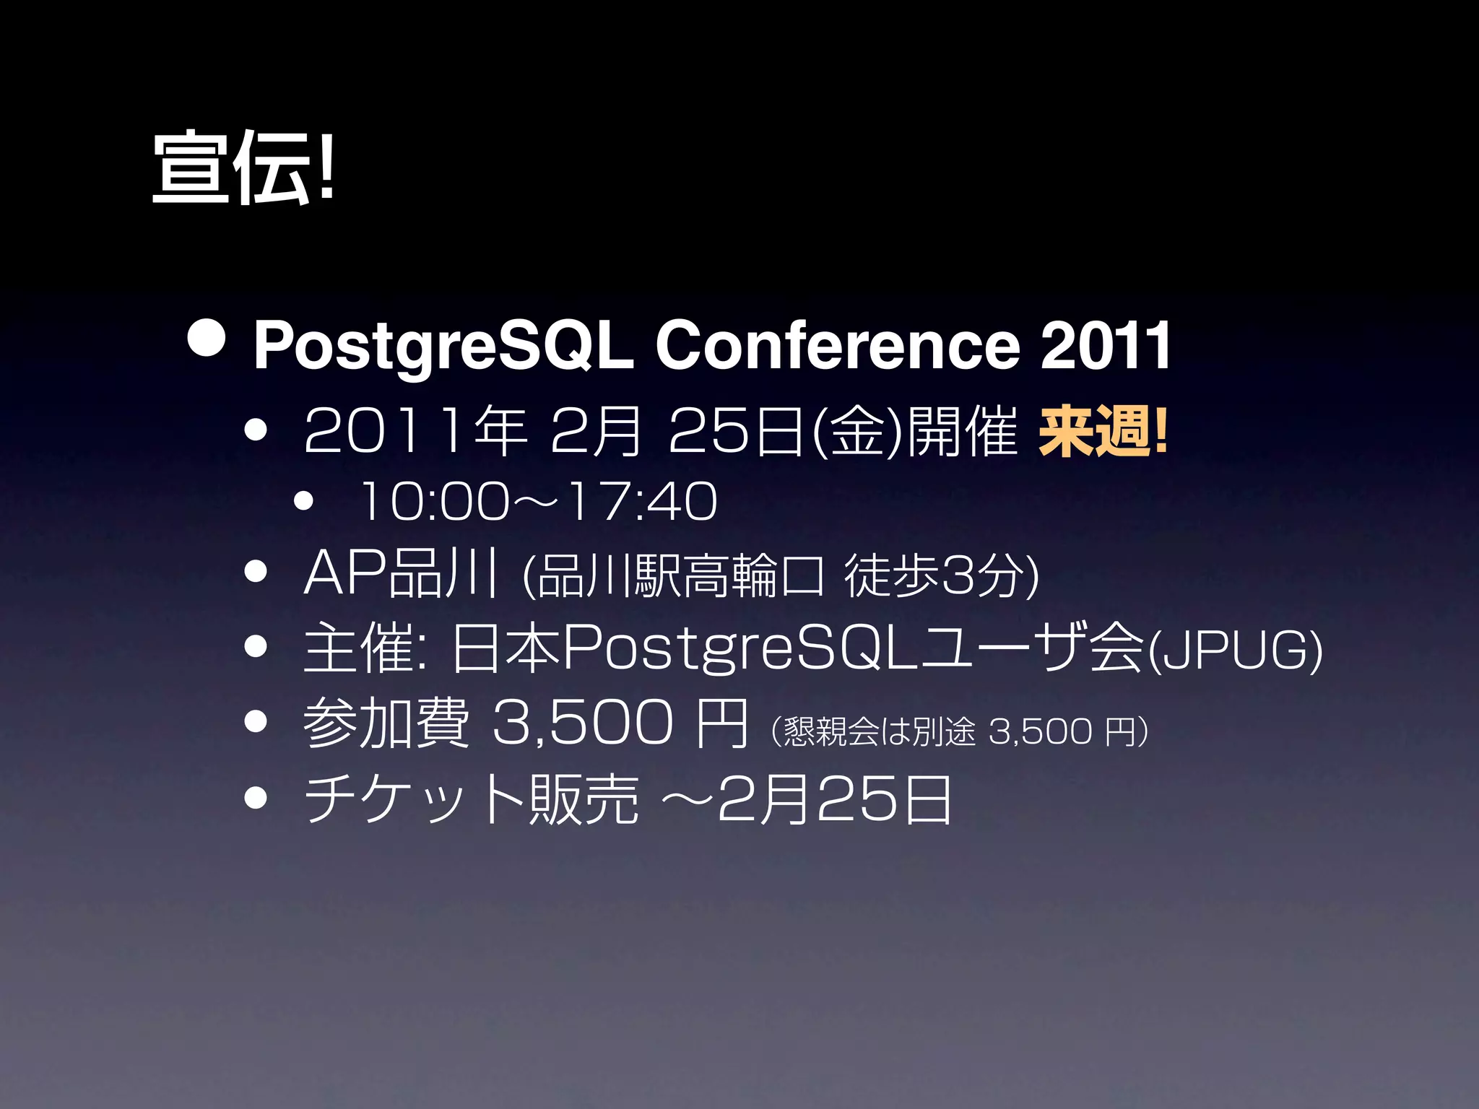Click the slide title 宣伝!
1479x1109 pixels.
click(243, 168)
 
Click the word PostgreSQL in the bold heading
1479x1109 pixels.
click(443, 347)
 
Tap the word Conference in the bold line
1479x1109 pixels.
click(837, 347)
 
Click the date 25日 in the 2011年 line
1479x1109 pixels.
click(737, 432)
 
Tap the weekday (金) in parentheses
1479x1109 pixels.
click(856, 432)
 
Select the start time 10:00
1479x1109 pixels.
click(434, 501)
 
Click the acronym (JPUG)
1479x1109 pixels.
click(1235, 651)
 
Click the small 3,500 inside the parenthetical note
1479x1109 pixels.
click(1039, 731)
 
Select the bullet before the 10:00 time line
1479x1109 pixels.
click(304, 500)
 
